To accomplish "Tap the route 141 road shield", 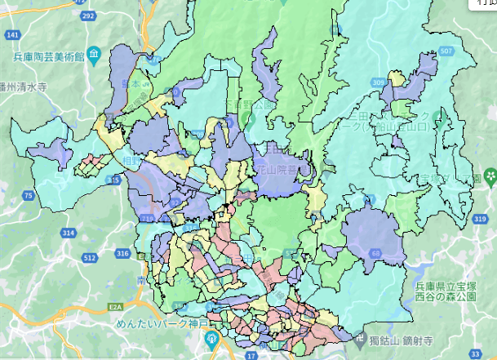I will tap(13, 35).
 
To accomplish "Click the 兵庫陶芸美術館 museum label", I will tap(49, 57).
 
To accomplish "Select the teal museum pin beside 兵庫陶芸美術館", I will tap(95, 56).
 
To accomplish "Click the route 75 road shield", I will tap(29, 195).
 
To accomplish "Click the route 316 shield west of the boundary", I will tap(122, 255).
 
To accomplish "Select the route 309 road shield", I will tap(378, 82).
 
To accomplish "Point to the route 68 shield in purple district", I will tap(375, 254).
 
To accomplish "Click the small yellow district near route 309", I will tap(397, 79).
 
